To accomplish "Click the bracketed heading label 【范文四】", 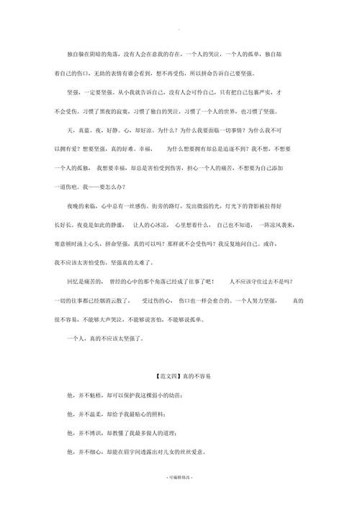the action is click(x=167, y=376).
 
